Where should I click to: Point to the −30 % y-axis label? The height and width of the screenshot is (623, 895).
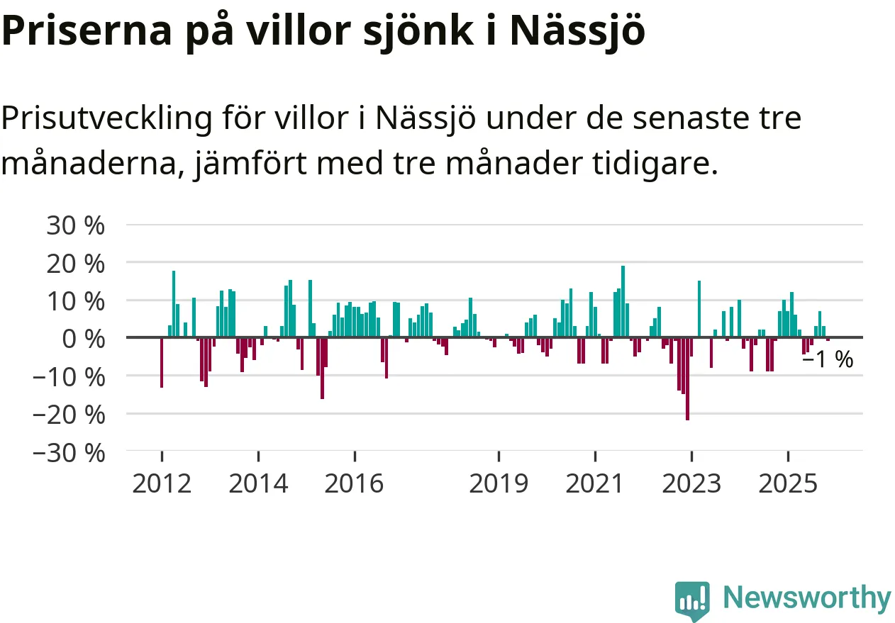click(x=68, y=452)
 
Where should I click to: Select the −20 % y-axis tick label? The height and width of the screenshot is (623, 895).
click(x=68, y=414)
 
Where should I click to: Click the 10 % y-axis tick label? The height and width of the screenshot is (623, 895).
click(x=74, y=301)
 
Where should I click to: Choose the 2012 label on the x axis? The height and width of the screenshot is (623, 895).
click(x=162, y=484)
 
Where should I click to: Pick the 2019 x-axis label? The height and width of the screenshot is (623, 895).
click(x=499, y=484)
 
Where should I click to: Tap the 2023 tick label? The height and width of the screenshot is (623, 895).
click(x=691, y=484)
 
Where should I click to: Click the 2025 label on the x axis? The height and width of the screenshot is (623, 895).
click(x=788, y=484)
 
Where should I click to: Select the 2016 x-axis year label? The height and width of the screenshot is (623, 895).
click(x=354, y=484)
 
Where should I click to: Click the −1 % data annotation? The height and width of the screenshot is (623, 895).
click(x=827, y=360)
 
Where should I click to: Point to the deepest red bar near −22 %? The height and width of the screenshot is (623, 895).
click(x=687, y=378)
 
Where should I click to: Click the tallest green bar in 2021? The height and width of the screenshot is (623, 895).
click(x=623, y=301)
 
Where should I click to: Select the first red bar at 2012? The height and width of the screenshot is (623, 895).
click(x=162, y=362)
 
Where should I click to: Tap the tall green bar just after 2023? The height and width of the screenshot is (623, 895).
click(x=699, y=309)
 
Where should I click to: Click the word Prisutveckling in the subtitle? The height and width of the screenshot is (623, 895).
click(x=106, y=119)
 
